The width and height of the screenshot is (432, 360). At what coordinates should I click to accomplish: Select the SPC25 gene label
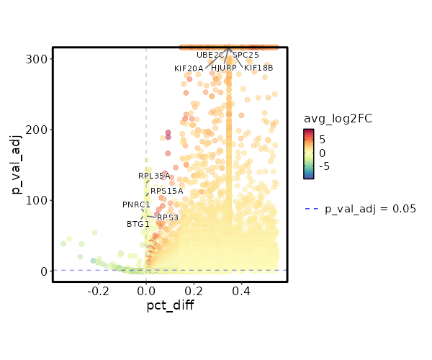point(246,54)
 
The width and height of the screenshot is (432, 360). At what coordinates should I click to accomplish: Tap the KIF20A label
point(189,68)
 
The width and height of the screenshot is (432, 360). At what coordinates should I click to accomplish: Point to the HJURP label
point(224,68)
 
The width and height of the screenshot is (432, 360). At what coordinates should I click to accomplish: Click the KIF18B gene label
point(258,68)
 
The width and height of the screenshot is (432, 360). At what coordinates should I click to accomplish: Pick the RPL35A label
point(154,176)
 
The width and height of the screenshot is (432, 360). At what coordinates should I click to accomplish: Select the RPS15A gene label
point(167,191)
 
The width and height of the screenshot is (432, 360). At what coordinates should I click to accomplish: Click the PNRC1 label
point(136,204)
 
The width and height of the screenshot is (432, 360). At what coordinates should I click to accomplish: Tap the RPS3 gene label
point(168,217)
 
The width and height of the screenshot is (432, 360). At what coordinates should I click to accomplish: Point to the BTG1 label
point(138,224)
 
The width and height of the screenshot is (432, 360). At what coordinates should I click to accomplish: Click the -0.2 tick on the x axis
point(98,292)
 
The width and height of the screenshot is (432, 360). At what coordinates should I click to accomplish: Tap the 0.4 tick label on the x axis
point(242,292)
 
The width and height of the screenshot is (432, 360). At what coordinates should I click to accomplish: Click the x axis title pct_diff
point(170,306)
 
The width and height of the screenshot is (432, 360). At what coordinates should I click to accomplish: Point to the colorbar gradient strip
point(308,153)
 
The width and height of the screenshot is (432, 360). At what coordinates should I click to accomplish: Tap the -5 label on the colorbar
point(323,166)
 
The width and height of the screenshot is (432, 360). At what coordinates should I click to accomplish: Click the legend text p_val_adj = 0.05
point(371,209)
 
